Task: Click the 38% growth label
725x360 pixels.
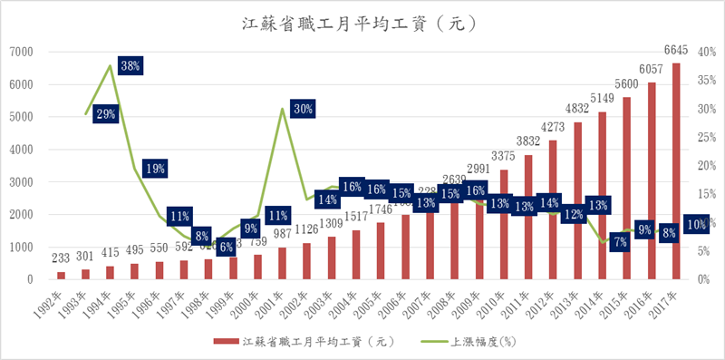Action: click(x=130, y=65)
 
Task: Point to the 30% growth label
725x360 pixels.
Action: click(x=304, y=109)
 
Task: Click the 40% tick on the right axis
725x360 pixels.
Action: click(x=704, y=52)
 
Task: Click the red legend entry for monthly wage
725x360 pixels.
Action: click(x=299, y=342)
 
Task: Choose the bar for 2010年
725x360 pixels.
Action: click(x=505, y=224)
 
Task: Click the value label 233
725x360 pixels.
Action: click(x=61, y=258)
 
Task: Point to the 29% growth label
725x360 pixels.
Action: click(x=106, y=114)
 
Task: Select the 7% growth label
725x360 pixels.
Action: click(x=619, y=242)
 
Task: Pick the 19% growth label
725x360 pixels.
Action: click(x=154, y=168)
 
